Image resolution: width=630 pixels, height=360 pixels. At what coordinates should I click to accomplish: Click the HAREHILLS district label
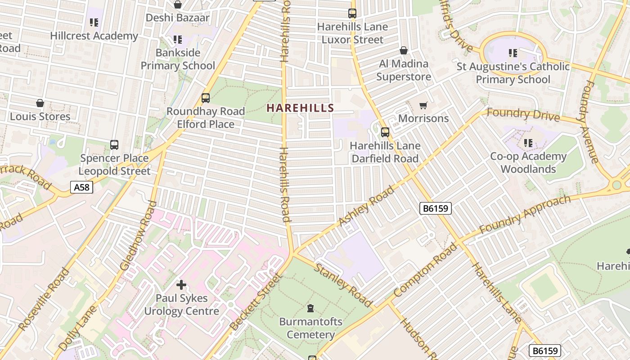pos(300,108)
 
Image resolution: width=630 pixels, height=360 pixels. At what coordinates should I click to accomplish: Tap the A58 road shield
pos(81,187)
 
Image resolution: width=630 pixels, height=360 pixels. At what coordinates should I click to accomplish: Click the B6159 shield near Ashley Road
pos(435,208)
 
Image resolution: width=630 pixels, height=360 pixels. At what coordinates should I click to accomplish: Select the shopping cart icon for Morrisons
pos(423,106)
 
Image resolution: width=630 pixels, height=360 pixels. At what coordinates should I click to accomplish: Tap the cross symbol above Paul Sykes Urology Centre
pos(181,284)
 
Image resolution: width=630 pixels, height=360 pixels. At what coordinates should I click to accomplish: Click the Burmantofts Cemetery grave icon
pos(310,309)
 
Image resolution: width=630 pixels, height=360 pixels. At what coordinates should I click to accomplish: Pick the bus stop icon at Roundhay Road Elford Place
pos(206,98)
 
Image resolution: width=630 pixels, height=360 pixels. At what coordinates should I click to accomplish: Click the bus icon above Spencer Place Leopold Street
pos(114,145)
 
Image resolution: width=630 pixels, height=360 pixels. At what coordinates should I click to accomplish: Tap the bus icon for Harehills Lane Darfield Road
pos(385,132)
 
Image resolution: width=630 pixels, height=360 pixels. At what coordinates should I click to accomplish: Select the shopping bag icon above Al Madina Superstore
pos(404,50)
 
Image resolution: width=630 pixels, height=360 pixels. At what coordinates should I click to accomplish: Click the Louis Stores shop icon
pos(40,103)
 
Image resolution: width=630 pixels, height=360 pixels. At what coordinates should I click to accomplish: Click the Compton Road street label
pos(425,270)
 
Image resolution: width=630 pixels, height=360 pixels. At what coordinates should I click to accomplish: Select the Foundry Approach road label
pos(524,215)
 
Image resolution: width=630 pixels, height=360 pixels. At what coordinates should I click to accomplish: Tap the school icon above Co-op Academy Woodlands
pos(528,144)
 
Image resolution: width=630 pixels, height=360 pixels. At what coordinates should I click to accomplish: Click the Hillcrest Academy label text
pos(94,36)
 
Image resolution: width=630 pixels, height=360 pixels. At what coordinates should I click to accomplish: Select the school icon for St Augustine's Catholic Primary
pos(513,54)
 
